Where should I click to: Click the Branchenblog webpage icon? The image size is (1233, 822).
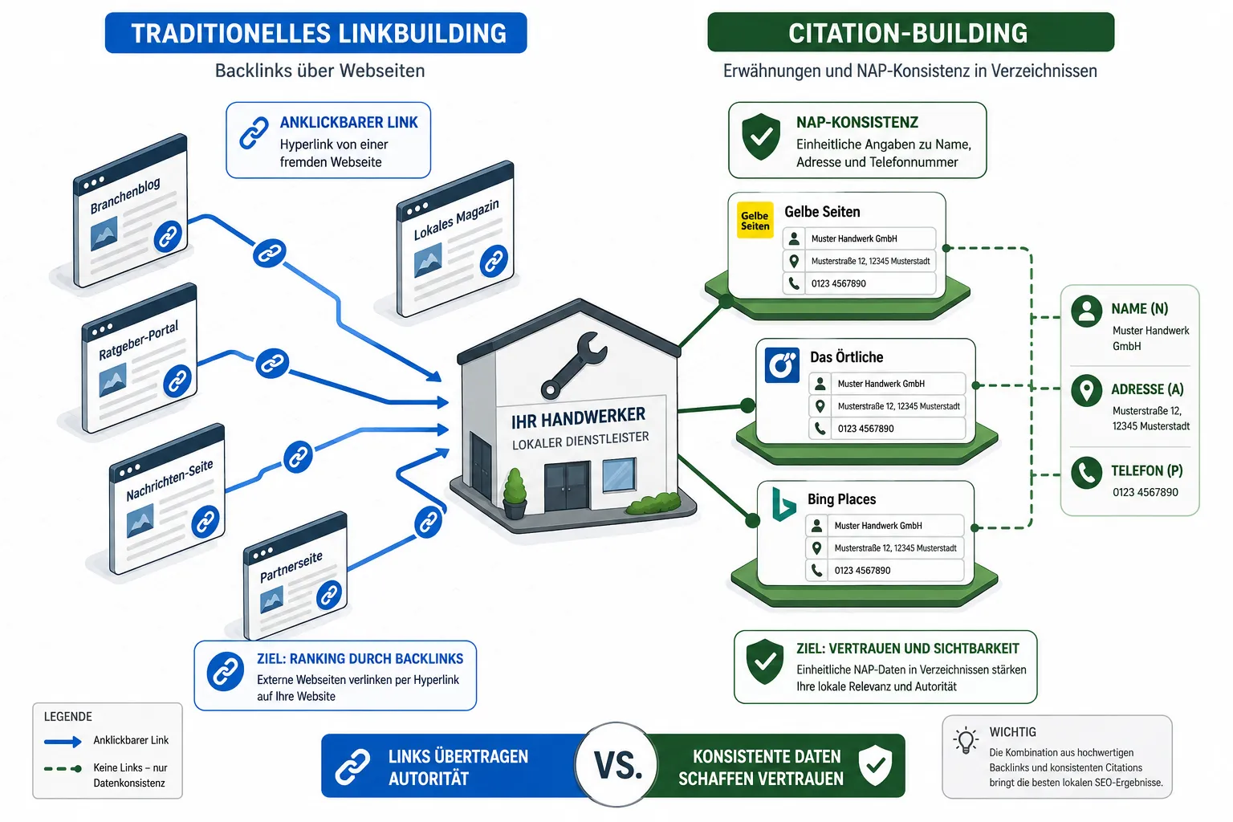131,211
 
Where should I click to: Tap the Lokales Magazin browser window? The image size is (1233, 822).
455,239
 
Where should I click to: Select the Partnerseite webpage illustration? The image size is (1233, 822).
295,576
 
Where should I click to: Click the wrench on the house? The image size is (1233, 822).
574,364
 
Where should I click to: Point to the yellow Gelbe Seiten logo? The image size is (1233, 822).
755,220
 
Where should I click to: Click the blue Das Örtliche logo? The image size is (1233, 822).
782,364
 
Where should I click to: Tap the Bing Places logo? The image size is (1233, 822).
783,504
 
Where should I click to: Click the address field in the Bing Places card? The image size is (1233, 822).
885,547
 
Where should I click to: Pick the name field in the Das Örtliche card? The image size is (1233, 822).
887,384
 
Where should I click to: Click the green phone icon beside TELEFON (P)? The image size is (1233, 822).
1087,472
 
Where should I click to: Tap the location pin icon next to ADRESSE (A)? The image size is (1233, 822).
1087,391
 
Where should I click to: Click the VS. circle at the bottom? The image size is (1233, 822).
616,764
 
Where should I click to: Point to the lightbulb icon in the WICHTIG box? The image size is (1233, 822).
966,740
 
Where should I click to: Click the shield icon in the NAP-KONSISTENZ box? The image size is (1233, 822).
761,136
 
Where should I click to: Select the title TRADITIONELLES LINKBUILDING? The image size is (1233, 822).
318,33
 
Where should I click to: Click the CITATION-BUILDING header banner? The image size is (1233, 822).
910,32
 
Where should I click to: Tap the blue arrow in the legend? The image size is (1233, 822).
63,742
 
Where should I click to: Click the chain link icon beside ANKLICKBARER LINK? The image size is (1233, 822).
254,132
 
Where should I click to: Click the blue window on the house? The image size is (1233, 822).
619,475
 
